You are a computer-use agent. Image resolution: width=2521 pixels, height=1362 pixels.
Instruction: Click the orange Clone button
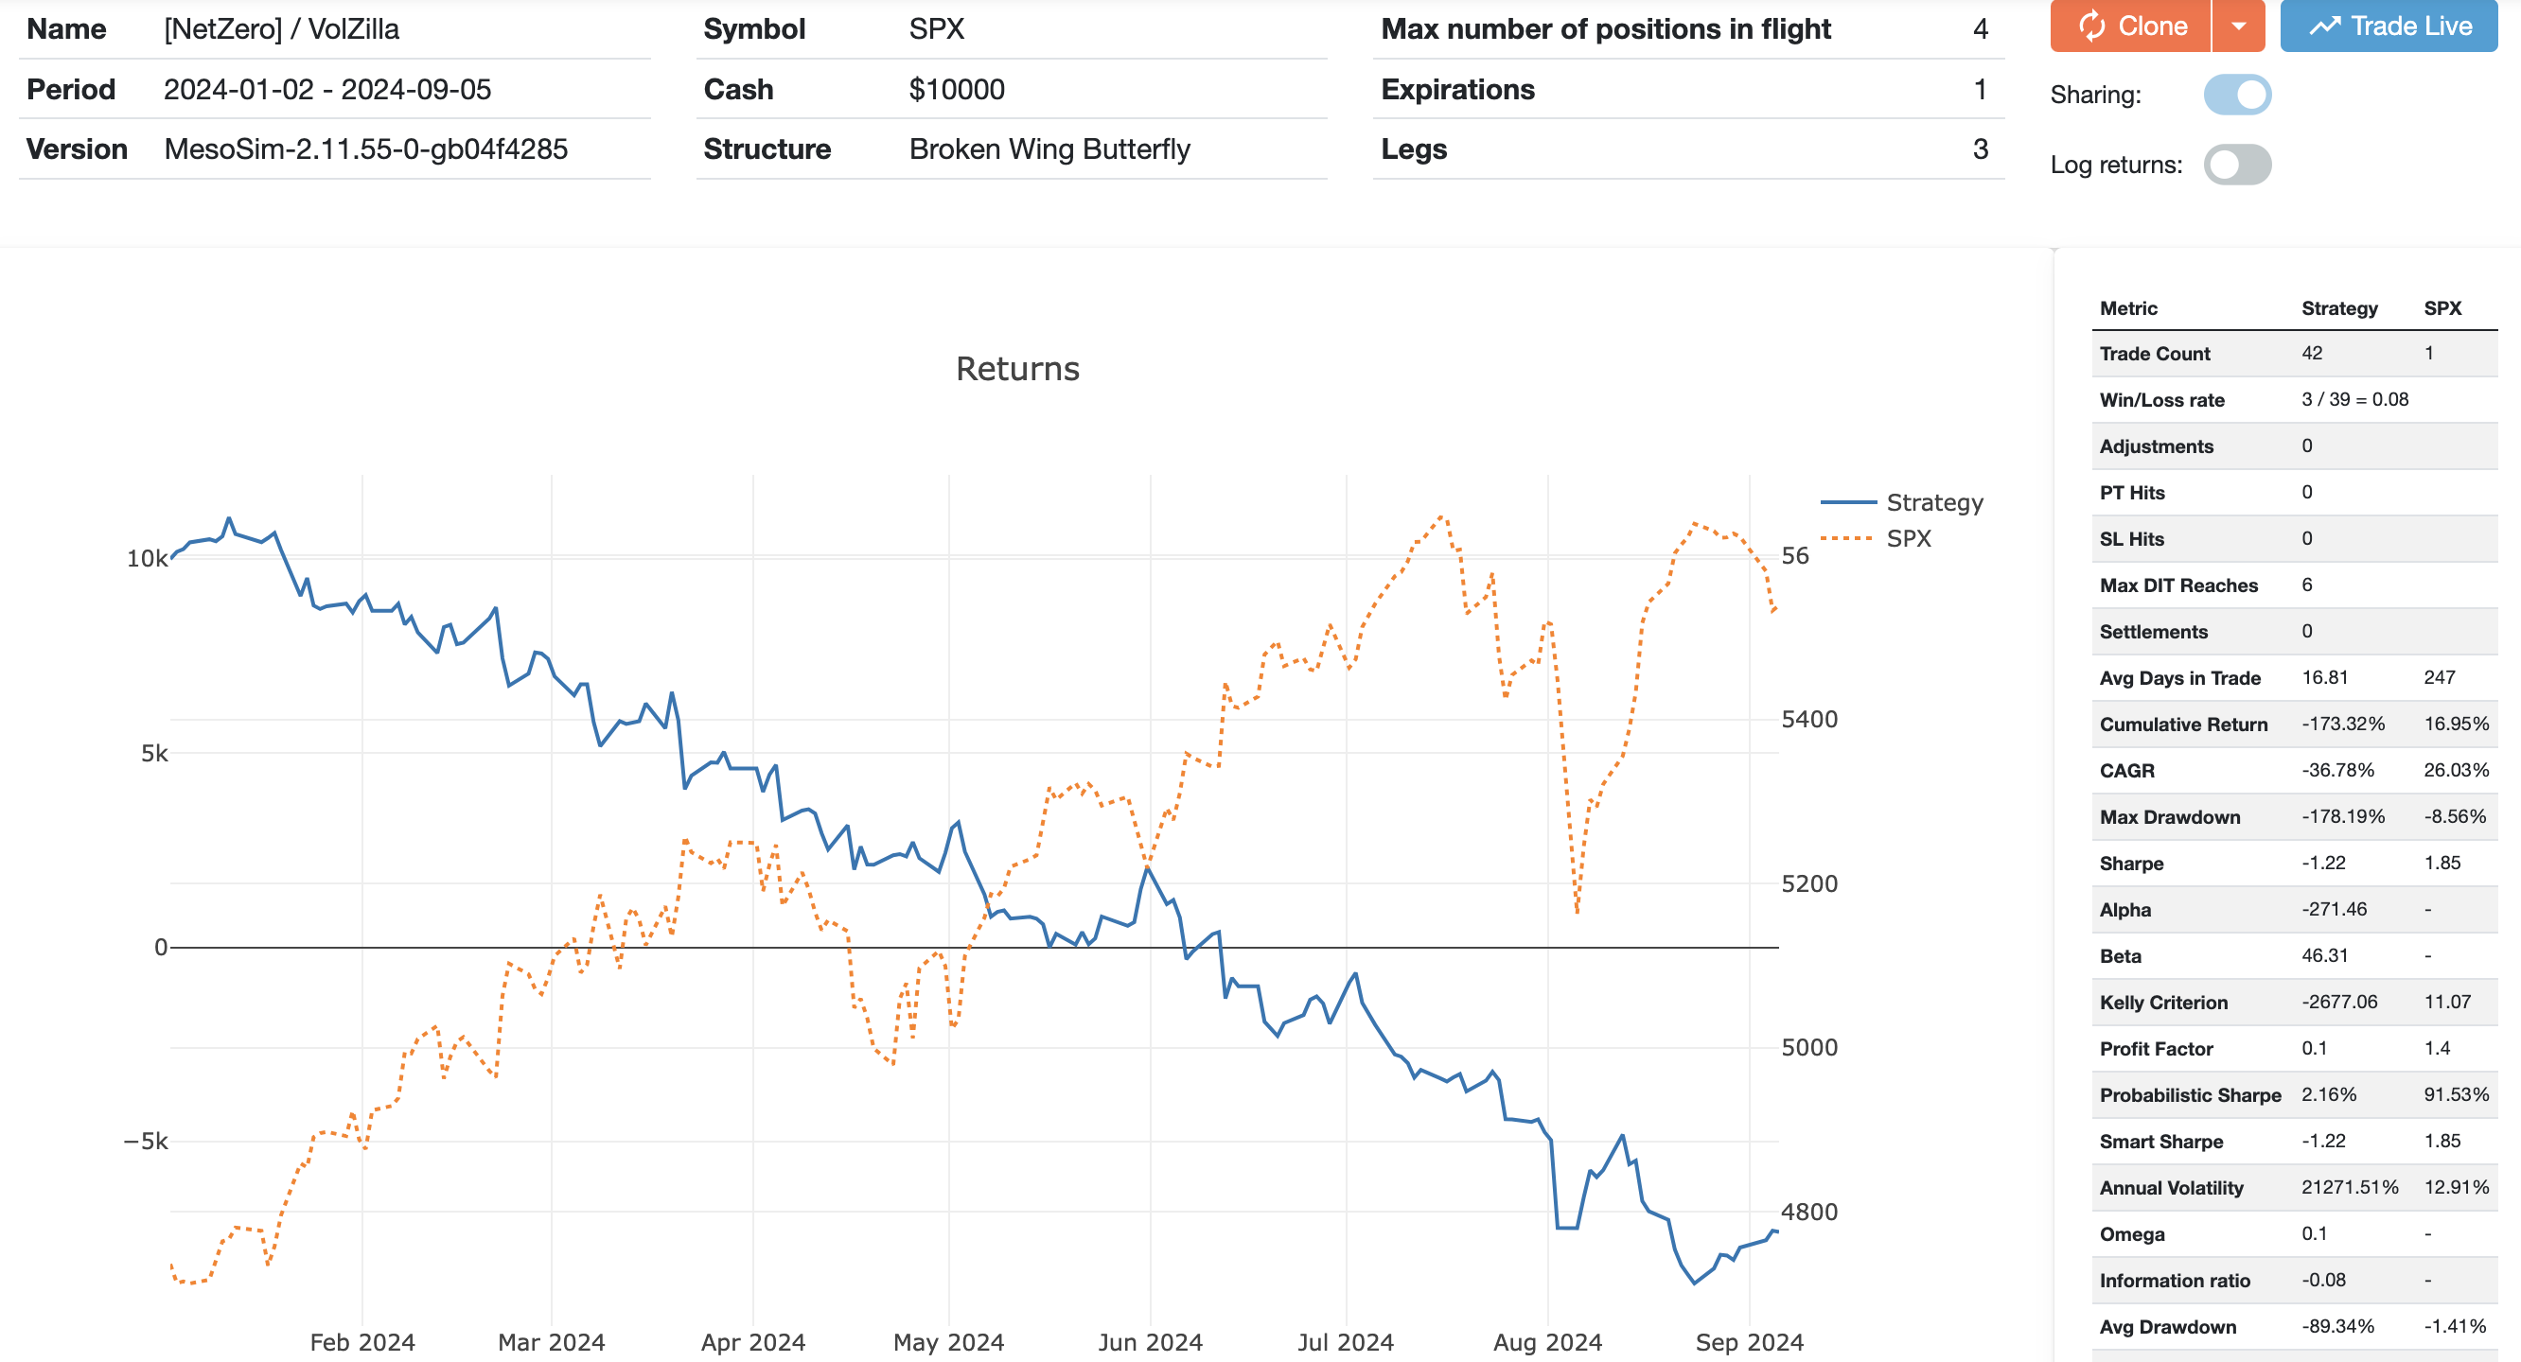[2131, 26]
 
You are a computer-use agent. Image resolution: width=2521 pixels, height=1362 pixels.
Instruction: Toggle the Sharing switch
[2237, 95]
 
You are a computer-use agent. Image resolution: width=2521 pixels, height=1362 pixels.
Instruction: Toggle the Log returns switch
[2237, 165]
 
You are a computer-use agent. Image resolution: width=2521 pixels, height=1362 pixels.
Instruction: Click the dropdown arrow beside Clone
[2238, 26]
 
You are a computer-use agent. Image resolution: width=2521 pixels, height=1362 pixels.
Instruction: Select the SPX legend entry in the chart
[1909, 538]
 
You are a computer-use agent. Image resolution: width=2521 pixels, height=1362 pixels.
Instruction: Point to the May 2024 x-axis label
[948, 1341]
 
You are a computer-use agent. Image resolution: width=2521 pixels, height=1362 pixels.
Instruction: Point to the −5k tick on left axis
[146, 1141]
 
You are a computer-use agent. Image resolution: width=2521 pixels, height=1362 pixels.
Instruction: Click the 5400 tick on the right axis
[1808, 719]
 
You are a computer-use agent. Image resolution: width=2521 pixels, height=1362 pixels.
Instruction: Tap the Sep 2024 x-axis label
[1749, 1341]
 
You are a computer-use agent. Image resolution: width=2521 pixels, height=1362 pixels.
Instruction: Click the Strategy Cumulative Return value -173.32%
[2343, 725]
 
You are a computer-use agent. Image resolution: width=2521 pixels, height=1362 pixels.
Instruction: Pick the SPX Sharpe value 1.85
[2442, 863]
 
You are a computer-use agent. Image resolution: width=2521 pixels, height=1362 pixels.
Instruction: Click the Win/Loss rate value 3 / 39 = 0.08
[2354, 399]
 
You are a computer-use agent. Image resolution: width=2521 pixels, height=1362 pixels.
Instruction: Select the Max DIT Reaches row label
[2178, 585]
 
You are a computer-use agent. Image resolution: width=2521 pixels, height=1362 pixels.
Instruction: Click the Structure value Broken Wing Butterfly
[1049, 148]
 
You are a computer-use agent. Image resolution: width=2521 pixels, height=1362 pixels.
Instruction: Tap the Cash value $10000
[956, 89]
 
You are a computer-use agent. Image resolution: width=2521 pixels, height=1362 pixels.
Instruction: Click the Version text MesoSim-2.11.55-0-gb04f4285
[366, 148]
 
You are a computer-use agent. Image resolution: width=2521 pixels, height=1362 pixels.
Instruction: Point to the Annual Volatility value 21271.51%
[2350, 1187]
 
